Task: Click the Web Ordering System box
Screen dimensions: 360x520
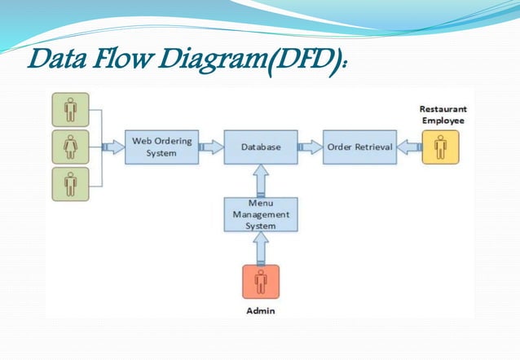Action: pos(162,147)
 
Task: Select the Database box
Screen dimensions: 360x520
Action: pos(261,147)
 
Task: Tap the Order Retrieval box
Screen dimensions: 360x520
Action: pos(359,147)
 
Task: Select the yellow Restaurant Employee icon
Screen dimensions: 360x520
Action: pos(441,147)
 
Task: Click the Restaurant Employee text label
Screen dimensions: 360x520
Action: pos(443,113)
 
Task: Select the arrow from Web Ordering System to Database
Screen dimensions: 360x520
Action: pos(211,147)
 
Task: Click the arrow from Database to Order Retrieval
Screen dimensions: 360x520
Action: pos(310,147)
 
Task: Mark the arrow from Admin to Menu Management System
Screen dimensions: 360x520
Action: pos(261,249)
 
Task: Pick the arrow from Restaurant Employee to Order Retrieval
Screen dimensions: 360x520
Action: pos(409,147)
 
